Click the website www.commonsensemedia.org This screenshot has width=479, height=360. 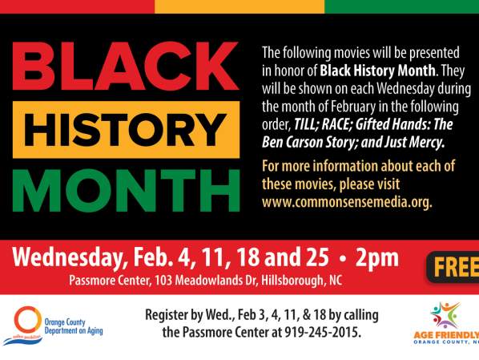tap(347, 201)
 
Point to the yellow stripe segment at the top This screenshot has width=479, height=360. tap(239, 6)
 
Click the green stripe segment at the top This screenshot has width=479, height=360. tap(401, 6)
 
